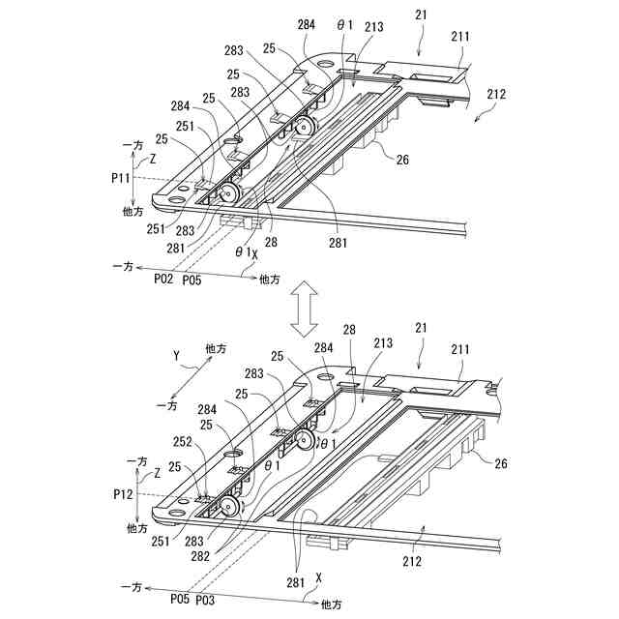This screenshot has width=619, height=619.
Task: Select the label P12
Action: (x=122, y=494)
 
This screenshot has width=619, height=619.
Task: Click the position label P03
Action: (x=204, y=601)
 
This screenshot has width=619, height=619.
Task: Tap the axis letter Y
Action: (x=177, y=357)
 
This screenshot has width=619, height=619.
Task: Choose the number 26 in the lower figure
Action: (x=501, y=463)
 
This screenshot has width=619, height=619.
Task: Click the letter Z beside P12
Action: (x=156, y=475)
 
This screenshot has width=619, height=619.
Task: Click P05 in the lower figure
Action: (x=178, y=601)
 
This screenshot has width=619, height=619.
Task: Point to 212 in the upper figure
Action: (x=497, y=94)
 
